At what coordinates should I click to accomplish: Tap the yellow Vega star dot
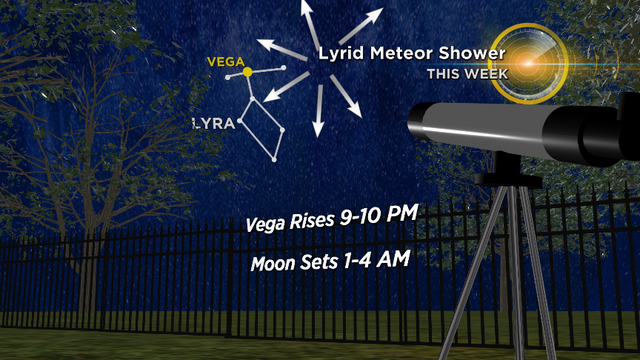(x=247, y=72)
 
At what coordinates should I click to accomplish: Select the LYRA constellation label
(x=213, y=124)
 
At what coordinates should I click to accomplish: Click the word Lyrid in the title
(x=342, y=54)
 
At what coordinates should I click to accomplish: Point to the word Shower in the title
(x=472, y=54)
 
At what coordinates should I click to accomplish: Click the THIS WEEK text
(x=467, y=74)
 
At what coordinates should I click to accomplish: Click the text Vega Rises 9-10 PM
(x=330, y=221)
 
